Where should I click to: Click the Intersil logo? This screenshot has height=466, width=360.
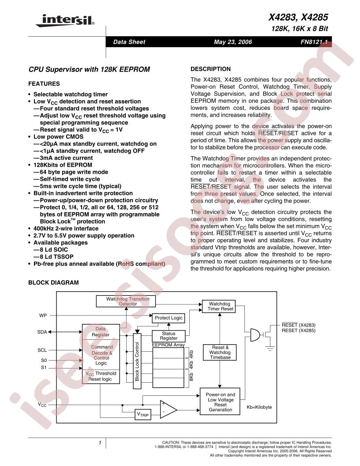67,20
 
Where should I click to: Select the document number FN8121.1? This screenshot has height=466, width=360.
315,42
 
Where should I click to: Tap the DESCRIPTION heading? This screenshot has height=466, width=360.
210,69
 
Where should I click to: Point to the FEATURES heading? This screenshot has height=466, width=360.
44,83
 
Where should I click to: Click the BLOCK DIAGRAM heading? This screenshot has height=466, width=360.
53,282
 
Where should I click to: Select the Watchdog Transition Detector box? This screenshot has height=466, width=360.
127,301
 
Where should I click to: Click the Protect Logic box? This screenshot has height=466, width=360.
168,318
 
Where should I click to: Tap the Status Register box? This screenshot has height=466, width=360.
169,336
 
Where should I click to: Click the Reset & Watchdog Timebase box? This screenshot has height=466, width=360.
220,352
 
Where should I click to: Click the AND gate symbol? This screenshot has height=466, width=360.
255,335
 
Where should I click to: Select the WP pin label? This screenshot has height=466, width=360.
43,316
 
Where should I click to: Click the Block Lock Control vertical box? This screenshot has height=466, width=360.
137,361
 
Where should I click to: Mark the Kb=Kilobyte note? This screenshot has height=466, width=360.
259,407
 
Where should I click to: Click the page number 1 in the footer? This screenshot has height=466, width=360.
101,442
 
